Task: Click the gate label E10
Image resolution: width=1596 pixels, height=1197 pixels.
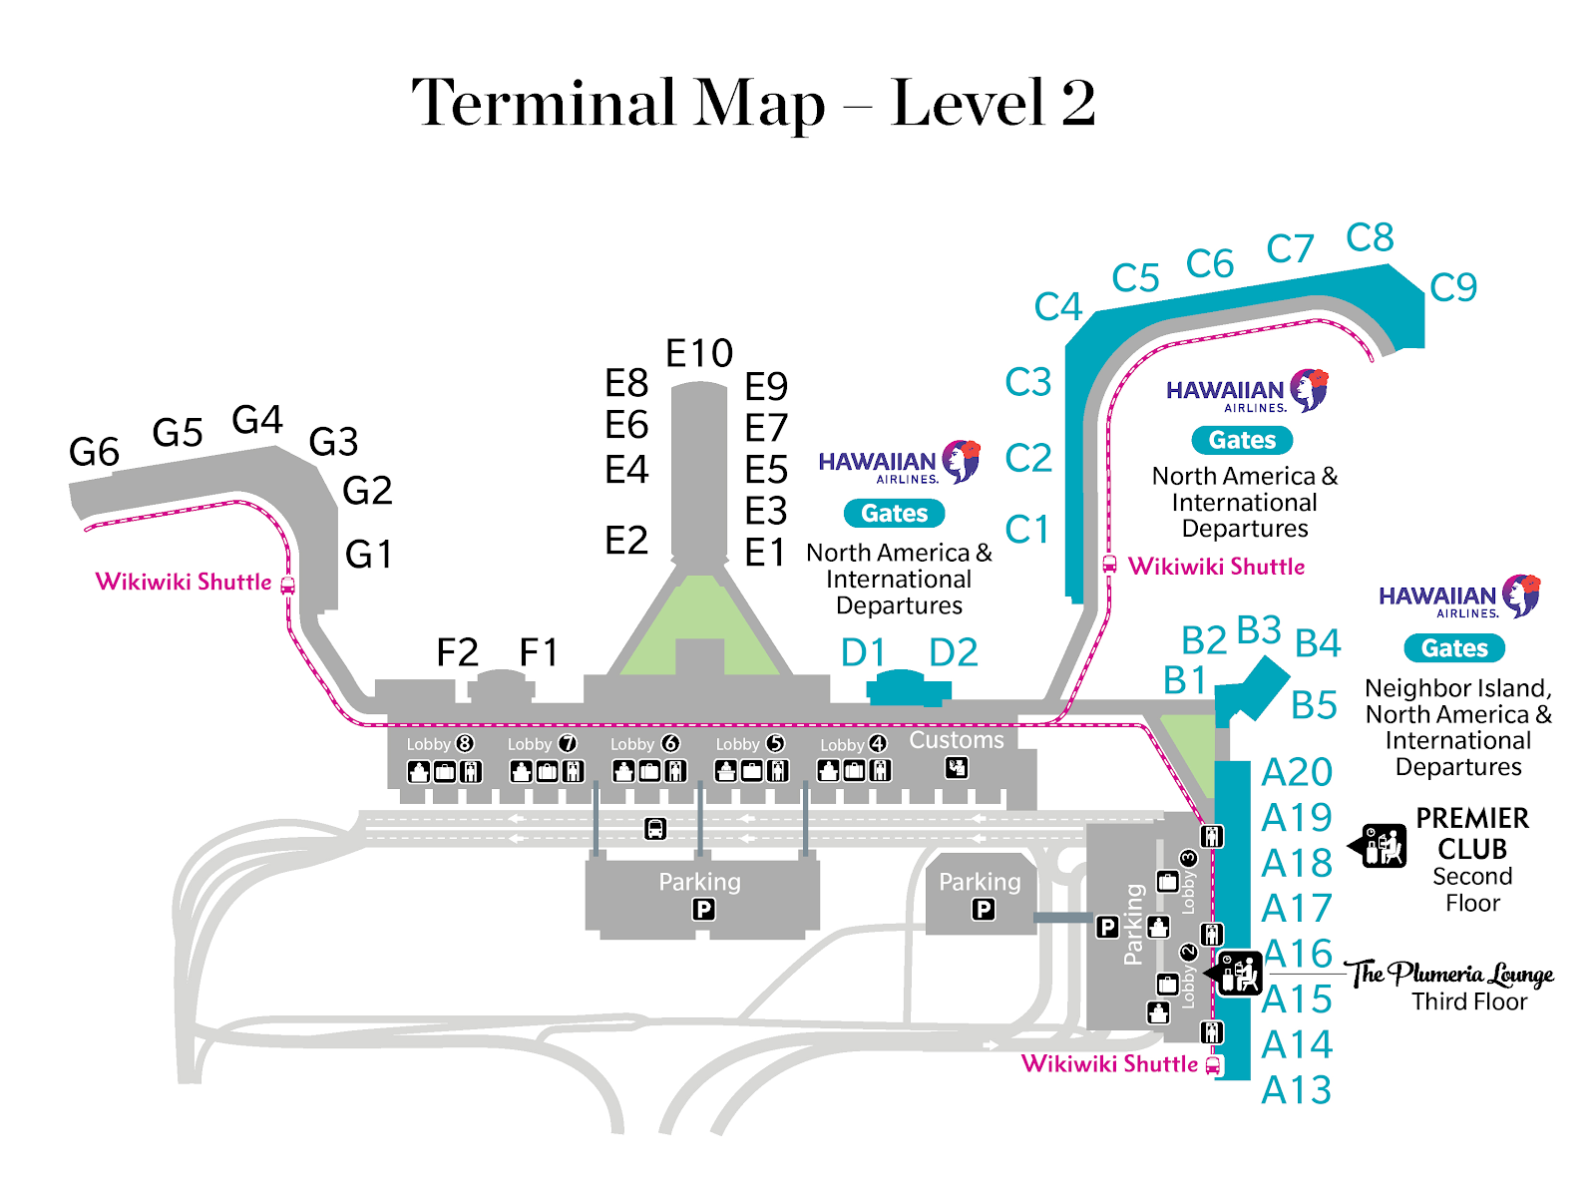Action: click(699, 353)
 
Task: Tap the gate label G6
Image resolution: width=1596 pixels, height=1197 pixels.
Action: click(94, 451)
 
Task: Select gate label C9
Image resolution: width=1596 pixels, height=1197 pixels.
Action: click(1452, 287)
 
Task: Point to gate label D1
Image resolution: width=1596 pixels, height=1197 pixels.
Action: click(863, 652)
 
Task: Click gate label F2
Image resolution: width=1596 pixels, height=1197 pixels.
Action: click(457, 652)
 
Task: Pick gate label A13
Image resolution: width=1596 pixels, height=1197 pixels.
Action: click(1296, 1089)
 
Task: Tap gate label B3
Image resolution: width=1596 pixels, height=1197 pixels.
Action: click(1259, 629)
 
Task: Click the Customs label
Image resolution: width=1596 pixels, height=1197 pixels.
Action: click(957, 740)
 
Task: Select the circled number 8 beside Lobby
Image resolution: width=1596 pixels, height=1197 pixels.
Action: click(465, 743)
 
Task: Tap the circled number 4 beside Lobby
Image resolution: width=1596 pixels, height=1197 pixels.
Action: click(878, 743)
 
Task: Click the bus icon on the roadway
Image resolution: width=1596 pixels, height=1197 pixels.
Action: click(655, 828)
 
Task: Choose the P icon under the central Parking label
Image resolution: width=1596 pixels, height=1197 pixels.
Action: click(703, 909)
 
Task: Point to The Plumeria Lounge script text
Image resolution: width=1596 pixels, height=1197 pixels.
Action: click(1451, 974)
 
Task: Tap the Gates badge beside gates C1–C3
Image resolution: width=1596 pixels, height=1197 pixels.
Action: click(1242, 440)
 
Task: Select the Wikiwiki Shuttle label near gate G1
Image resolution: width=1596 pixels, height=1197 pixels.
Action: click(184, 582)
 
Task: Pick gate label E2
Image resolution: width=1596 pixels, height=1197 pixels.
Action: click(626, 540)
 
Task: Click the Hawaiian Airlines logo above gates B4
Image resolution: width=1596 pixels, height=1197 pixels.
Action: click(1459, 596)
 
